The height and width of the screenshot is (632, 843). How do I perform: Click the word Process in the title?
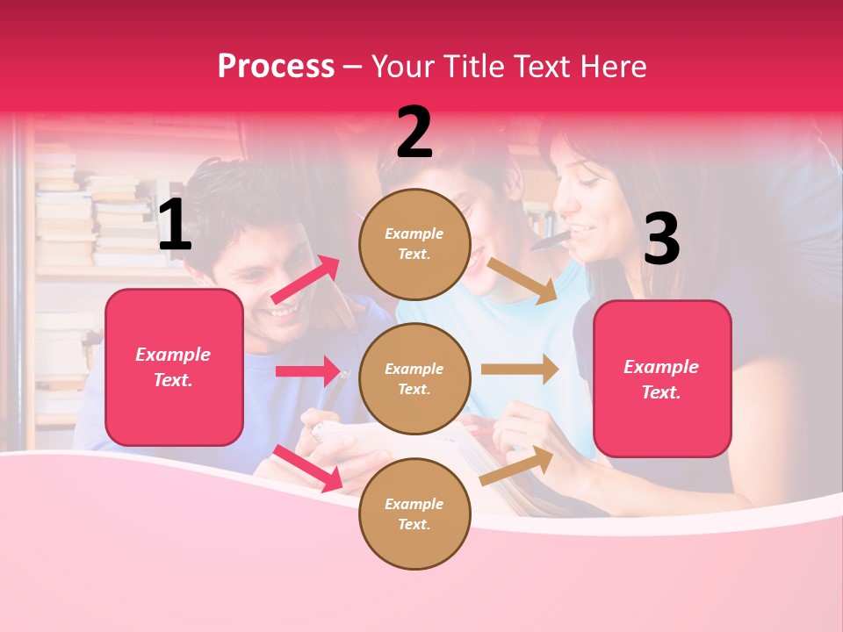click(276, 67)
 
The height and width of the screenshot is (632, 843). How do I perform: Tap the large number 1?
click(175, 225)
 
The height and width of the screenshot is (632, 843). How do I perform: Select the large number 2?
click(414, 133)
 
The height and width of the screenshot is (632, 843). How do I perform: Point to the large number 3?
click(661, 239)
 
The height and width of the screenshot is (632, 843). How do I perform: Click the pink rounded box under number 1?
click(174, 367)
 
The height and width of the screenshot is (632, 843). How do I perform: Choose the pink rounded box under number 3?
click(662, 378)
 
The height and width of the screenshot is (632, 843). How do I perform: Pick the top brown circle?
click(414, 243)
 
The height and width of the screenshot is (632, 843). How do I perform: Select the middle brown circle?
click(414, 378)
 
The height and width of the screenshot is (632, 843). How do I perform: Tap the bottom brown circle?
click(414, 513)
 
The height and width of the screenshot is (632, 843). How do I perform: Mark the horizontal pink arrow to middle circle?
click(308, 371)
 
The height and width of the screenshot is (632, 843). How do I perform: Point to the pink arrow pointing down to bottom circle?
click(307, 468)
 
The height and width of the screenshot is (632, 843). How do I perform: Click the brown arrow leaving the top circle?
click(522, 280)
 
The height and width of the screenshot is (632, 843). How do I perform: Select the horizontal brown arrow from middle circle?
click(520, 370)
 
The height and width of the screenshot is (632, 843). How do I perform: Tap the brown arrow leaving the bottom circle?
click(517, 466)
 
